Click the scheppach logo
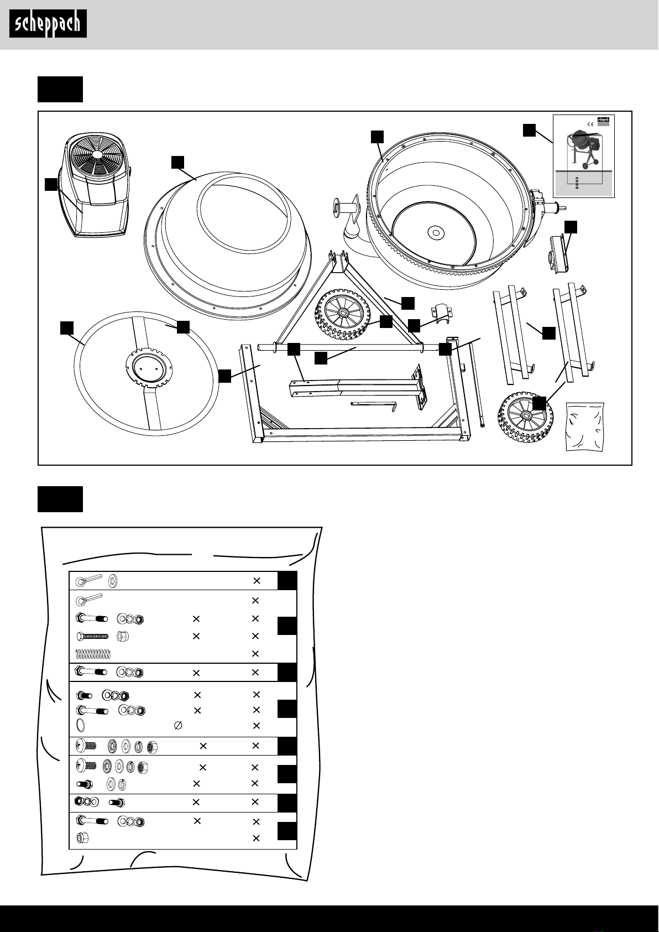[48, 24]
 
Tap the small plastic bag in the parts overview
[585, 427]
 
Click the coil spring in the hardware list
[93, 654]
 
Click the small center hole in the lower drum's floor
[436, 233]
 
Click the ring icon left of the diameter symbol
[80, 726]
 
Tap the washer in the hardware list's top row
[114, 580]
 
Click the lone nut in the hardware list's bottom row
[82, 839]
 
